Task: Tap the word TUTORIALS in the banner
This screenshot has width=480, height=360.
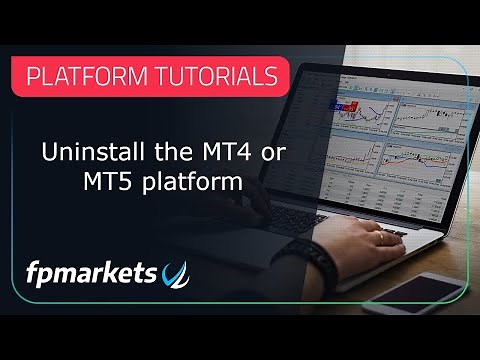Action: pos(214,76)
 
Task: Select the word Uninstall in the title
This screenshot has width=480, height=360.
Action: pos(84,156)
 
